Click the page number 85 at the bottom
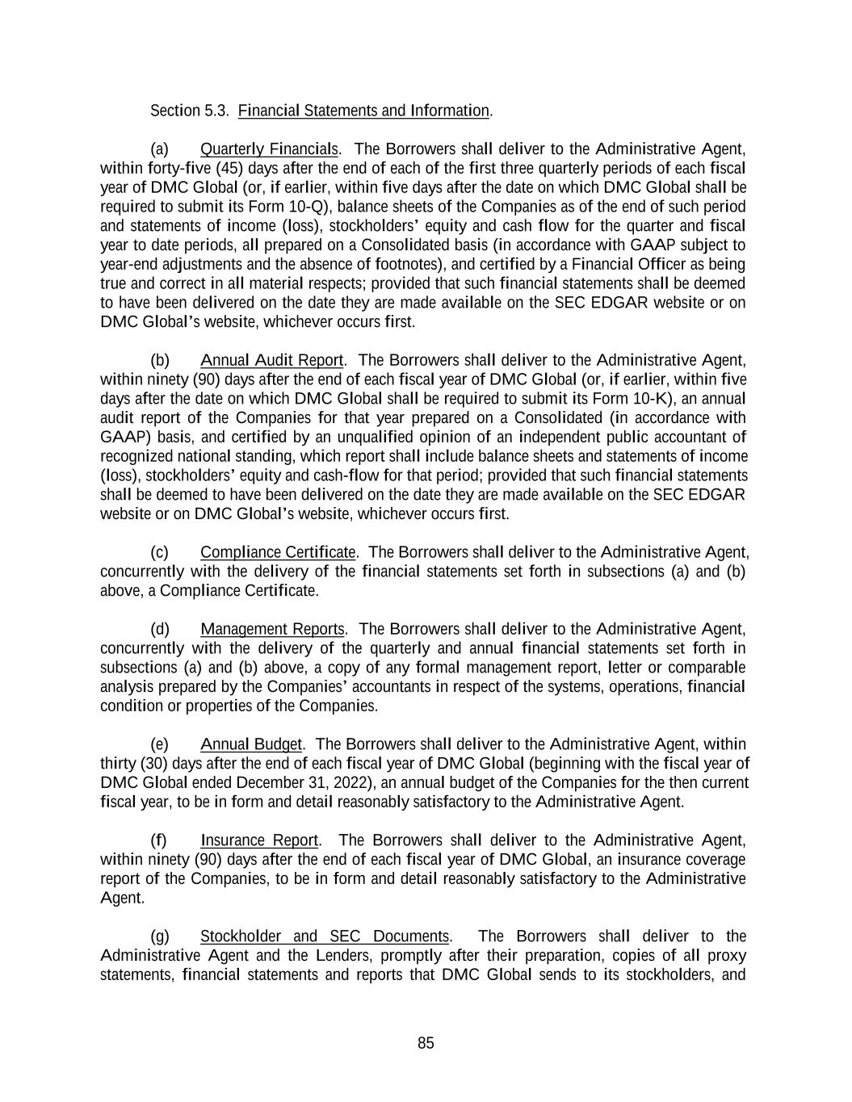pyautogui.click(x=426, y=1043)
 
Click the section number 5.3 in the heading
pyautogui.click(x=217, y=111)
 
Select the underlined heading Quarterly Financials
pyautogui.click(x=269, y=149)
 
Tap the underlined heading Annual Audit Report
pyautogui.click(x=272, y=360)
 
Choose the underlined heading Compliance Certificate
pyautogui.click(x=278, y=552)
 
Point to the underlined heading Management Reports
pyautogui.click(x=273, y=629)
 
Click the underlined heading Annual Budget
pyautogui.click(x=251, y=744)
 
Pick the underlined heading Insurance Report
pyautogui.click(x=260, y=840)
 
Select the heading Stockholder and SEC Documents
pyautogui.click(x=325, y=936)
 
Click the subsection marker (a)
pyautogui.click(x=160, y=149)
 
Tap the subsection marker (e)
pyautogui.click(x=160, y=744)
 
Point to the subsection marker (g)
pyautogui.click(x=160, y=936)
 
